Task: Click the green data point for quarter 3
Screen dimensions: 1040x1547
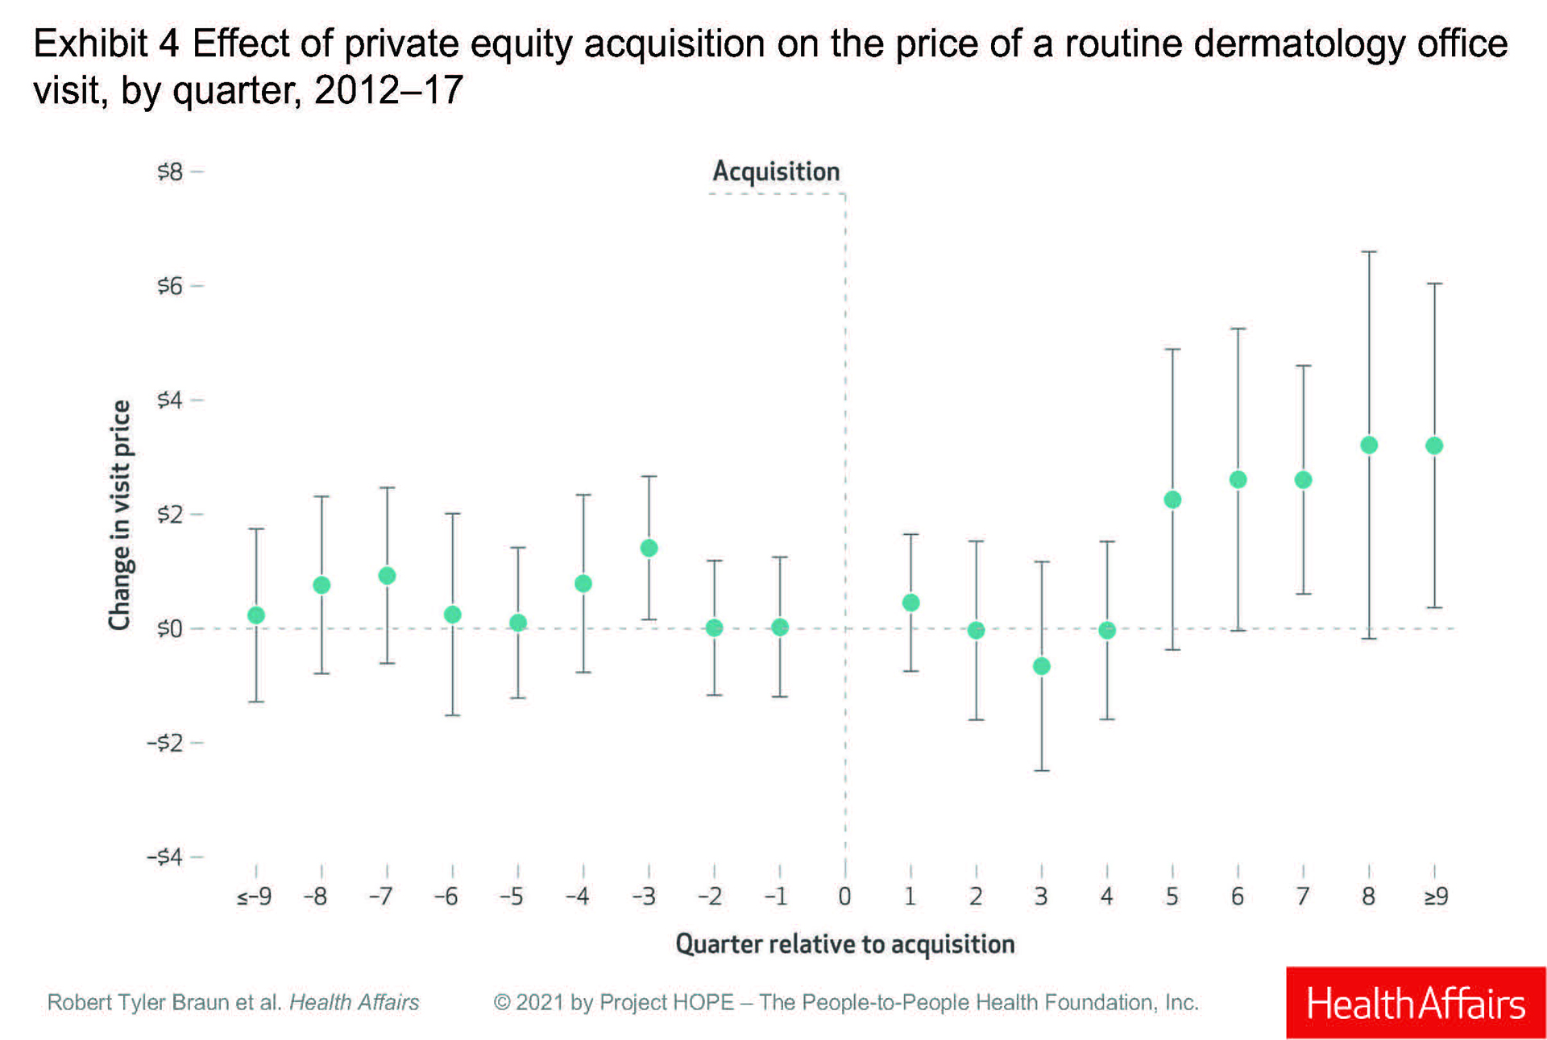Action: click(x=1041, y=666)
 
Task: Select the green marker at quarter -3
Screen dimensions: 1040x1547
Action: click(x=649, y=548)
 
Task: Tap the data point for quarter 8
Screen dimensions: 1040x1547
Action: click(x=1369, y=445)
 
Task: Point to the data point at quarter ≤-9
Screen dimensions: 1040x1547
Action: click(x=256, y=615)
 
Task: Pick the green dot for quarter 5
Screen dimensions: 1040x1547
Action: click(x=1172, y=499)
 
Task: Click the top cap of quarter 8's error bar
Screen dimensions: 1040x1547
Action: click(x=1369, y=252)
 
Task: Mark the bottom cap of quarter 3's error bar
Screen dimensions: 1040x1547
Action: click(x=1041, y=771)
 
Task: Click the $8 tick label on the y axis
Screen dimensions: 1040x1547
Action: click(x=170, y=172)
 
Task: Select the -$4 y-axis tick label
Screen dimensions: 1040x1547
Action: click(x=165, y=856)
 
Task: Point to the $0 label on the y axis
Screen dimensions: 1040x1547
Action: click(x=170, y=628)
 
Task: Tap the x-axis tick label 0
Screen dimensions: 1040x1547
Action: click(x=844, y=896)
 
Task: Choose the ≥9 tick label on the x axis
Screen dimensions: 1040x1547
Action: click(x=1436, y=896)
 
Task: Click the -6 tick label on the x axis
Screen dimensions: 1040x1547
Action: click(x=446, y=896)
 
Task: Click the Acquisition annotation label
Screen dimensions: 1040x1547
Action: click(x=776, y=172)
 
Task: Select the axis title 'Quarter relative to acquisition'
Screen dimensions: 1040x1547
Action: click(x=844, y=943)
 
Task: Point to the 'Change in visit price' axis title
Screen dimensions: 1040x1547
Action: click(x=119, y=516)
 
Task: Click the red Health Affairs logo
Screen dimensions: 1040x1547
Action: click(x=1416, y=1003)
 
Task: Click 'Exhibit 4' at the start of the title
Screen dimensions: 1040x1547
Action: click(x=106, y=44)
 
